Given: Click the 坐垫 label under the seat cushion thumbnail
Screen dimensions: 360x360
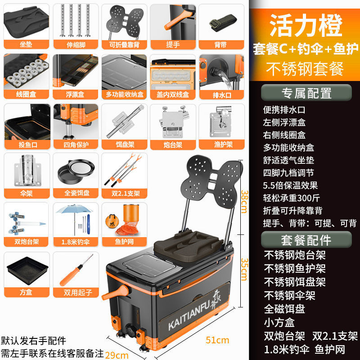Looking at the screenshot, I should pos(25,45).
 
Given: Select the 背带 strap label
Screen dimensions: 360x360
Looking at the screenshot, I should pos(220,45).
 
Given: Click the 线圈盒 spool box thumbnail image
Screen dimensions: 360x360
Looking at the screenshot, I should pos(25,72).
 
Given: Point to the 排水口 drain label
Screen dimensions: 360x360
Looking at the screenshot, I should pos(220,95).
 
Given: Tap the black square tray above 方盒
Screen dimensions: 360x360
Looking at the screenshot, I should pos(25,272).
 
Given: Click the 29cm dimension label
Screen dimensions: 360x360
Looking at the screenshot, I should pos(116,355).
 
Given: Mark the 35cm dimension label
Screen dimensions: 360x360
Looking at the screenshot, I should pos(243,269).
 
